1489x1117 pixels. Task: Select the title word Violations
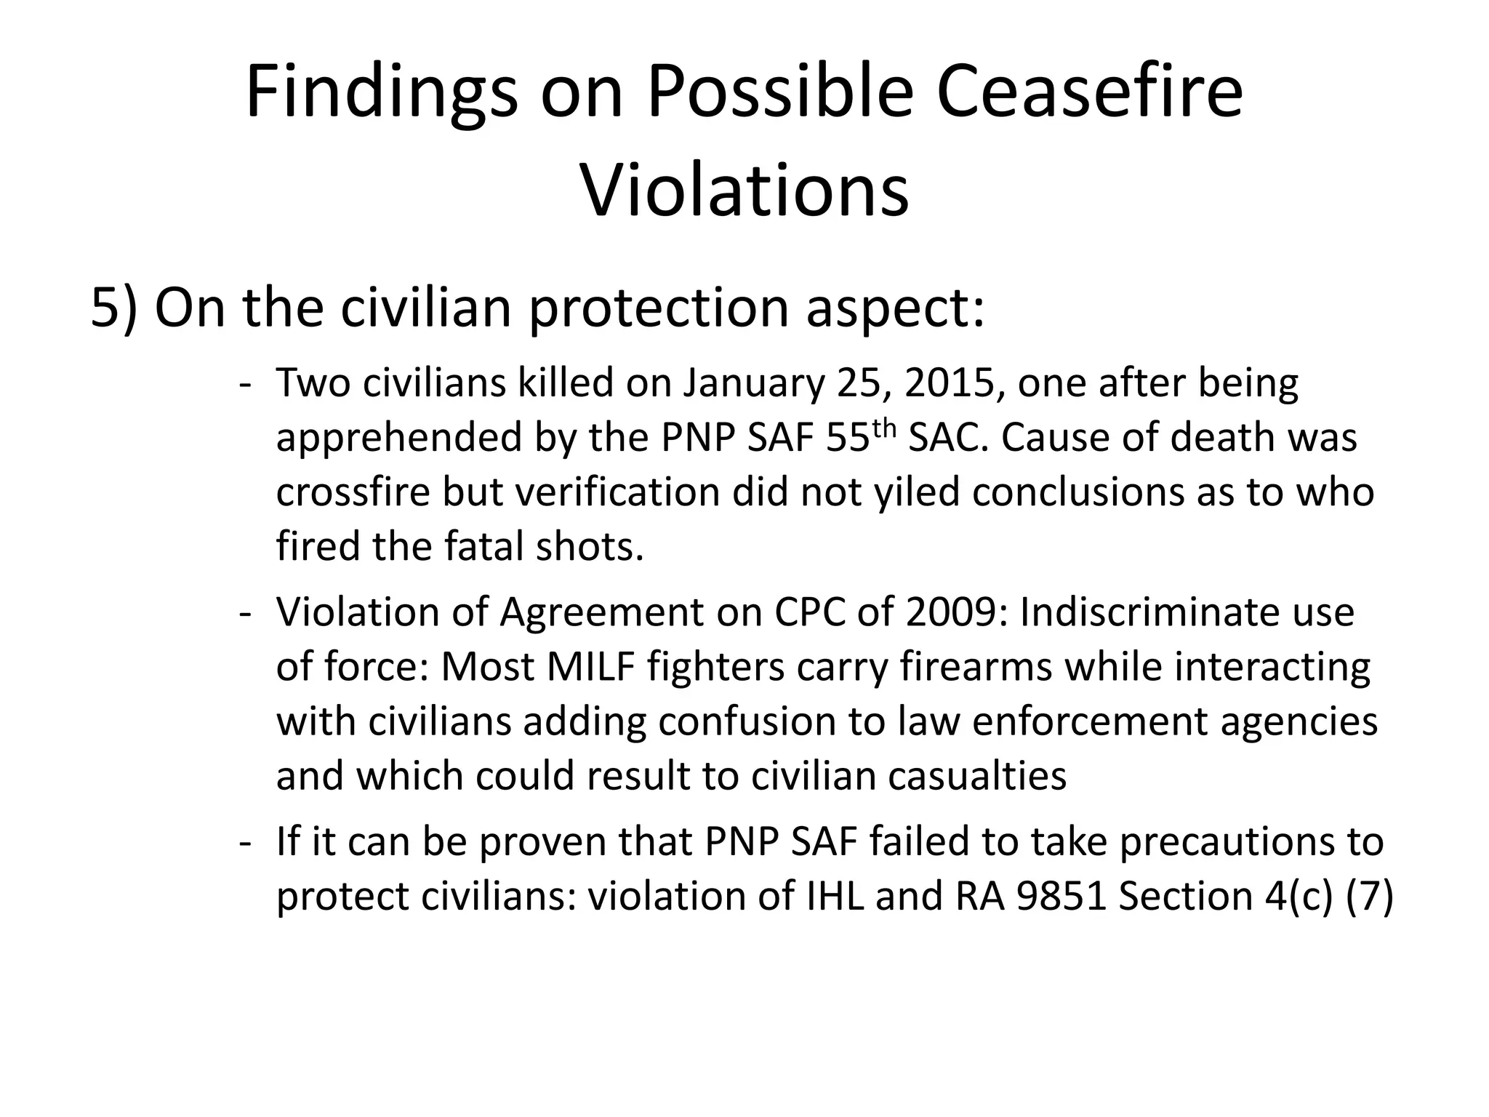coord(744,191)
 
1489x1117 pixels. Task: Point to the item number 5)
coord(114,308)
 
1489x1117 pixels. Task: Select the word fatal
coord(485,546)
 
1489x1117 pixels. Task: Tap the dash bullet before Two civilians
coord(245,385)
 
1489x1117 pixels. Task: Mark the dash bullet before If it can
coord(245,843)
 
